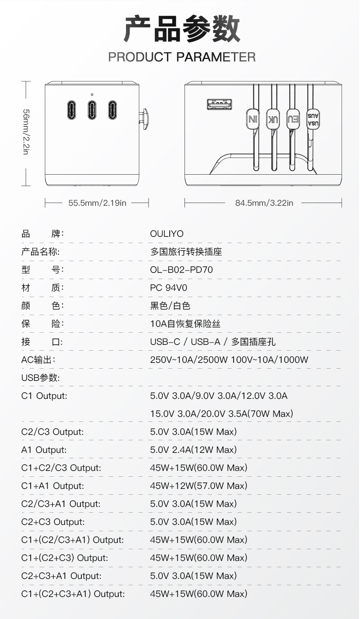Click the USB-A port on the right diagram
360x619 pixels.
[220, 104]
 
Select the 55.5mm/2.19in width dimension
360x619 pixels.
[97, 203]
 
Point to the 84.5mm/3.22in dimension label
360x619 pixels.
[264, 203]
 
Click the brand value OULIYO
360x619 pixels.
[167, 234]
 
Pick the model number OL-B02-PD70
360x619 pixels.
[181, 270]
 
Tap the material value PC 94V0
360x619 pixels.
[168, 288]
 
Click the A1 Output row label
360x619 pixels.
[44, 450]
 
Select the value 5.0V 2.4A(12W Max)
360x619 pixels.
[193, 450]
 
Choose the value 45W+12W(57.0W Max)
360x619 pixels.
[198, 486]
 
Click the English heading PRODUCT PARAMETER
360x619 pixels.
[182, 57]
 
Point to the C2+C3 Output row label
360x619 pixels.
[53, 522]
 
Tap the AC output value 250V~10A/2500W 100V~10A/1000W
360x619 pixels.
[229, 360]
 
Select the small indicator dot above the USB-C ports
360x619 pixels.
[92, 95]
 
